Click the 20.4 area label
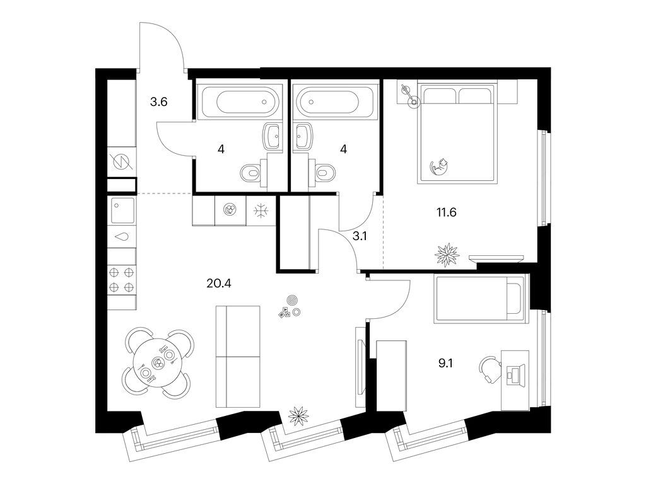click(219, 283)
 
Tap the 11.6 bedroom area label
click(445, 212)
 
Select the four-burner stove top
click(122, 280)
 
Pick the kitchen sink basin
click(122, 210)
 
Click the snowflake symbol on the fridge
click(261, 210)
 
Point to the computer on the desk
click(515, 373)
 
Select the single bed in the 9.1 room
click(479, 300)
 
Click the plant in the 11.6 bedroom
click(446, 255)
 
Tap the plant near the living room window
click(297, 417)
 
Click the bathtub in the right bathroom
click(332, 101)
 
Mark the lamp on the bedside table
click(413, 101)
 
